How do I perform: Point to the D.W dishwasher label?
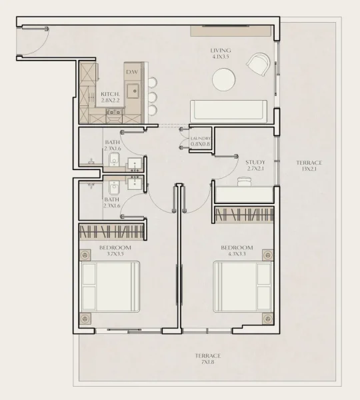132,71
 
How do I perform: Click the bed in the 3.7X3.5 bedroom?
111,287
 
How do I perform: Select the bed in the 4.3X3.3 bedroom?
243,287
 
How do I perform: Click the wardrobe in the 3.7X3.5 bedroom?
111,231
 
